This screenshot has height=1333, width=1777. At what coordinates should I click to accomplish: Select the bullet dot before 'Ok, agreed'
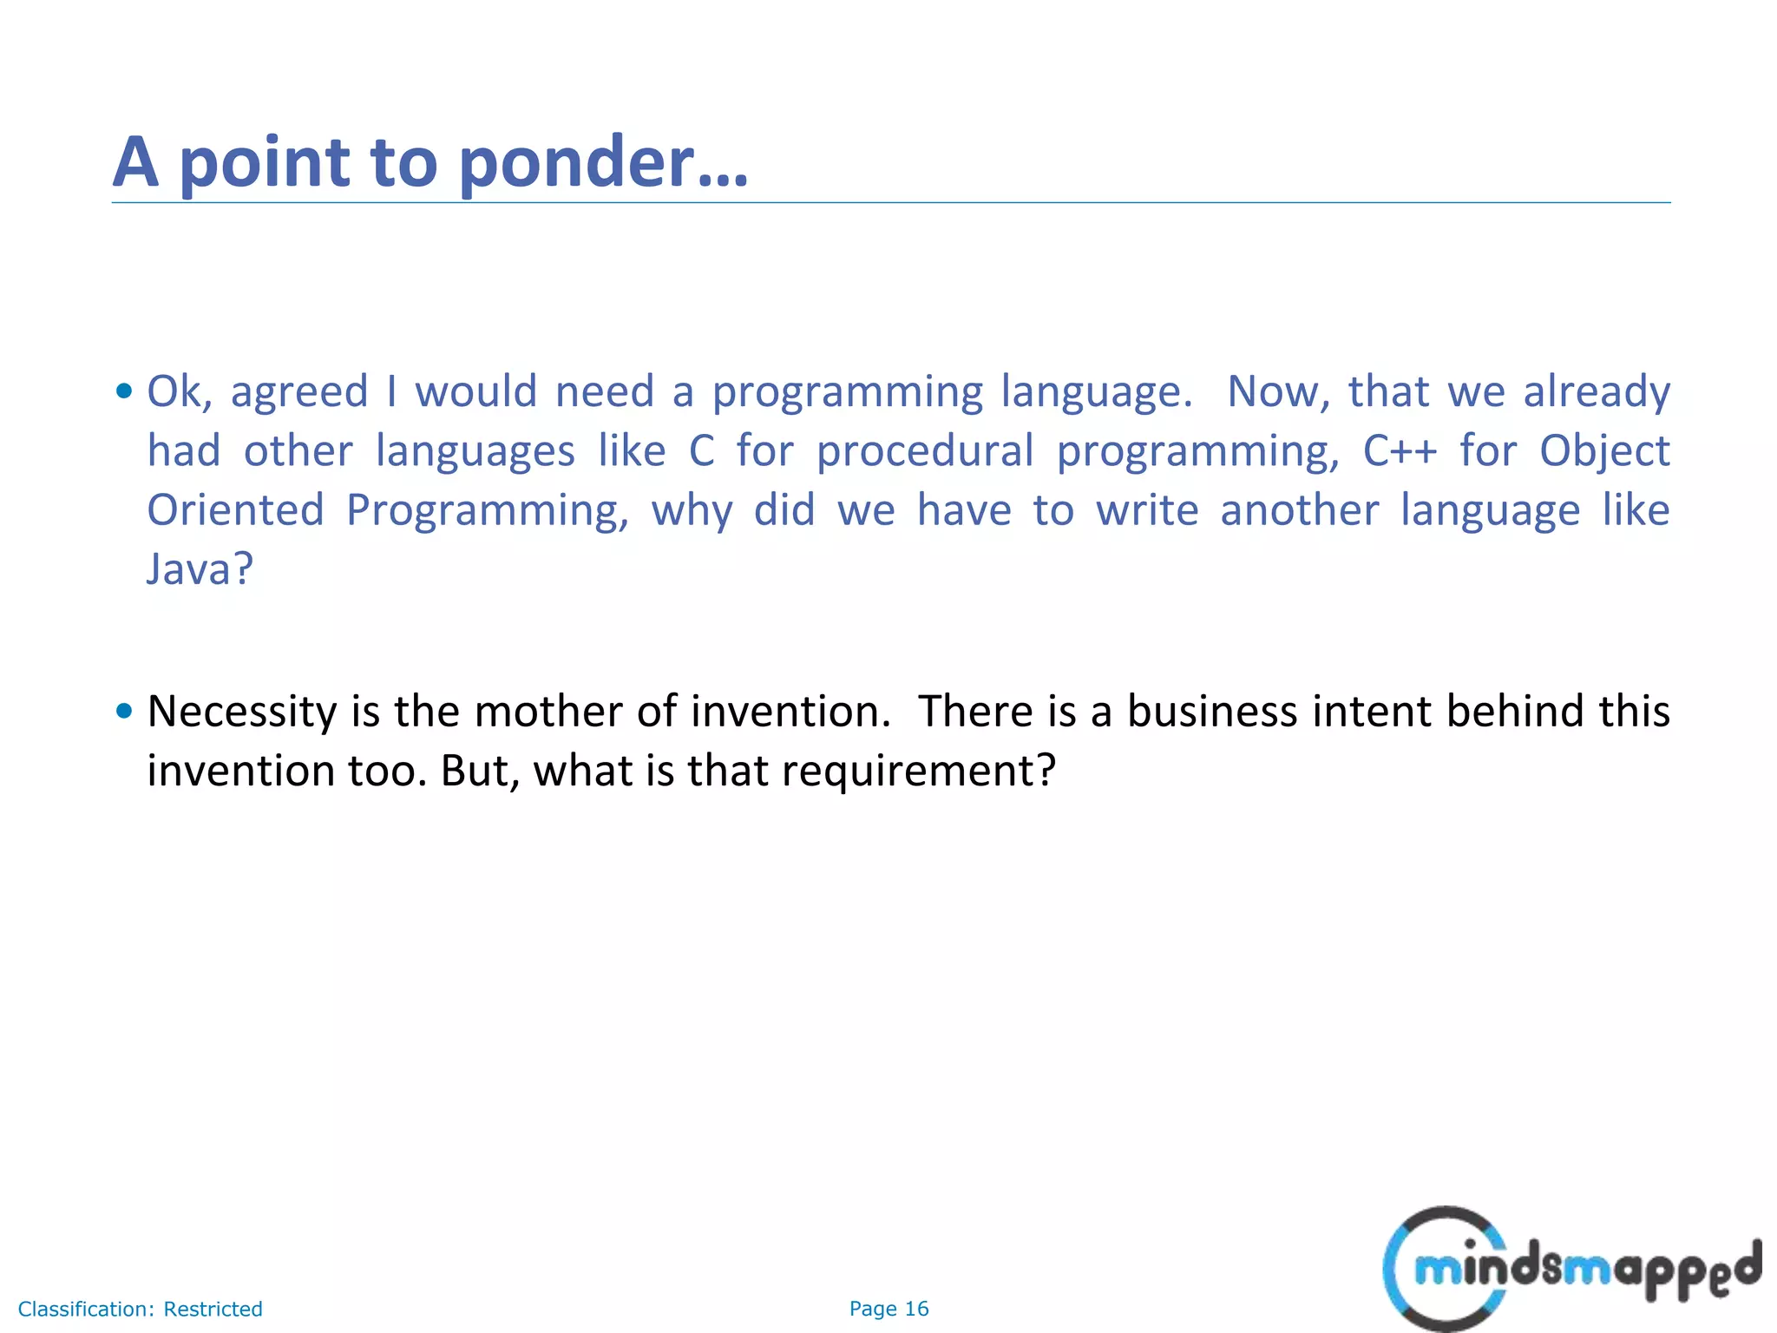click(124, 391)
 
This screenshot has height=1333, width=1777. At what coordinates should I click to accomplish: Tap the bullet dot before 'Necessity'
click(124, 712)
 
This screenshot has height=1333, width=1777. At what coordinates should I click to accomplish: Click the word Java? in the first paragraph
click(200, 569)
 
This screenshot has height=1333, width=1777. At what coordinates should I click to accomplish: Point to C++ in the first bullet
click(1400, 450)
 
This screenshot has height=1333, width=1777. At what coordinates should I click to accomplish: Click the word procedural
click(925, 452)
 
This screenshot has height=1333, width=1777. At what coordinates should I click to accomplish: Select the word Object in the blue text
click(1604, 452)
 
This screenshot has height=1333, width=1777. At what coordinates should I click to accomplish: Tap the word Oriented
click(235, 510)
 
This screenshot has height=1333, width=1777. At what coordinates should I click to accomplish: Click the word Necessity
click(242, 712)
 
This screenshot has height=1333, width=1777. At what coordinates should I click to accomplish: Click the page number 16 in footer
click(916, 1309)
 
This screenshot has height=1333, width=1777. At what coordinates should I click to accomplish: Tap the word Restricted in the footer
click(213, 1309)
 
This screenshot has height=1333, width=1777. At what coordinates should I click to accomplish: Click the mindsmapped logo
click(1570, 1269)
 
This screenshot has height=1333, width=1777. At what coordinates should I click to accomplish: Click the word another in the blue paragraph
click(1299, 510)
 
